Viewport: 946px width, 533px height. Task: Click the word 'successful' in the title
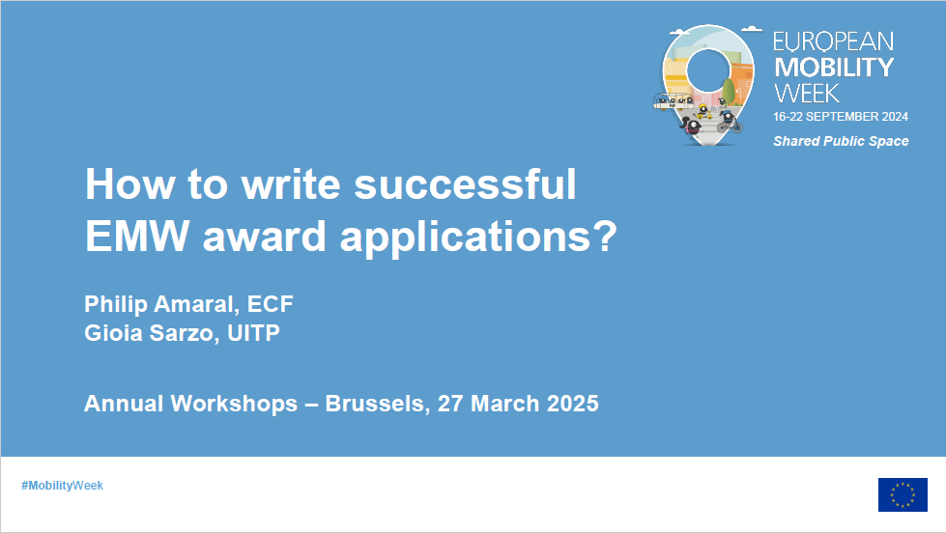click(x=465, y=183)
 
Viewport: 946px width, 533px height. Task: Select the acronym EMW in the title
click(x=137, y=236)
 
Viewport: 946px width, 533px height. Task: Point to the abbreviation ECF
click(x=271, y=304)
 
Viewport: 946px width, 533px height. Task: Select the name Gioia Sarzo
click(x=152, y=333)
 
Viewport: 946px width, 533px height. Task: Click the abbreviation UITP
click(x=253, y=333)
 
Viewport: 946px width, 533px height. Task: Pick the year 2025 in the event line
click(x=573, y=404)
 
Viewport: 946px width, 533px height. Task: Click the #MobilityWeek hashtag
click(x=62, y=486)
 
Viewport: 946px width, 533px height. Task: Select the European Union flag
click(x=903, y=495)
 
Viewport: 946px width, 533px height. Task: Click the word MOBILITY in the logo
click(x=834, y=68)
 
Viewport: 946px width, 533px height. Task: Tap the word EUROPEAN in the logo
click(x=833, y=42)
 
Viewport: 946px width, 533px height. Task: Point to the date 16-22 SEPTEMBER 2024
click(x=841, y=117)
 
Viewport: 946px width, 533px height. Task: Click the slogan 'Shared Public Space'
click(x=841, y=141)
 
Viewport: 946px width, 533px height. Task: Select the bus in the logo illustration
click(x=673, y=101)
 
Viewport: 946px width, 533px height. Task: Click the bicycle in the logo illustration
click(x=730, y=126)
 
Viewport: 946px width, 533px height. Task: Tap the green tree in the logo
click(x=729, y=91)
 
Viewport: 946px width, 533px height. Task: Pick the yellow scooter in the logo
click(x=702, y=112)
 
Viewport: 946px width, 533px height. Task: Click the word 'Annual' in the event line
click(x=124, y=404)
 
